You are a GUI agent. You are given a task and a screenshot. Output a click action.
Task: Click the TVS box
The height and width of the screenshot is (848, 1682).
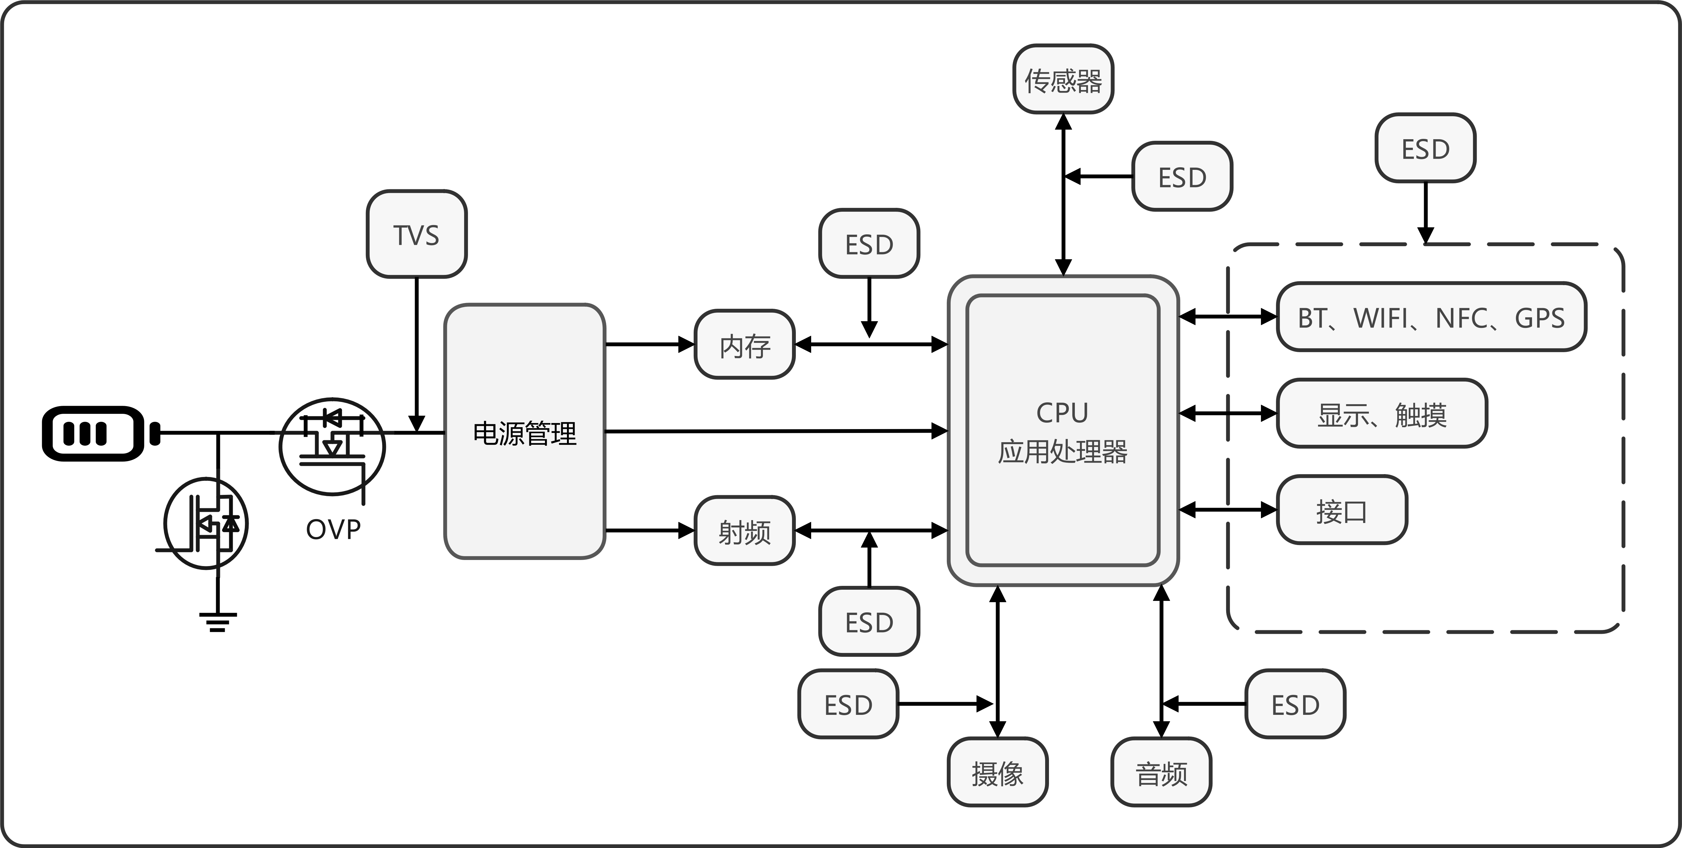pyautogui.click(x=416, y=234)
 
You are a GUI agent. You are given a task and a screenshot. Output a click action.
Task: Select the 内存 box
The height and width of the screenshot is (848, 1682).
pyautogui.click(x=744, y=345)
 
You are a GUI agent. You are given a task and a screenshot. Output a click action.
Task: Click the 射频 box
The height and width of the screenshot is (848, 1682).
pyautogui.click(x=744, y=531)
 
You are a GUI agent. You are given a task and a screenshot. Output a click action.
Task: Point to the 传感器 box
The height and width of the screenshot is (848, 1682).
pyautogui.click(x=1063, y=79)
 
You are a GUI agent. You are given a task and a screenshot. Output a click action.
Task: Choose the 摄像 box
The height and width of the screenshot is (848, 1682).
pyautogui.click(x=997, y=772)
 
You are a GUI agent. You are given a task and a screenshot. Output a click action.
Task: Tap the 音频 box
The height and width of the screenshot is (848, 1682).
pyautogui.click(x=1161, y=772)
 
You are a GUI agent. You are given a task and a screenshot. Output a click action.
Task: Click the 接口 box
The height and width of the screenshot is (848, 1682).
pyautogui.click(x=1341, y=510)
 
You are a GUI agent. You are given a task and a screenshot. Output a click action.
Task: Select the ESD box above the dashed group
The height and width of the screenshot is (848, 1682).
pyautogui.click(x=1425, y=148)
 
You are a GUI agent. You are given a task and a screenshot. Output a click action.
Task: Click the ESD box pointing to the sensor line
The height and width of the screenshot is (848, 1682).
pyautogui.click(x=1182, y=176)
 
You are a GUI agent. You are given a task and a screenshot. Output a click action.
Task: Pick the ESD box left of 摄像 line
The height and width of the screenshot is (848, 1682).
pyautogui.click(x=848, y=704)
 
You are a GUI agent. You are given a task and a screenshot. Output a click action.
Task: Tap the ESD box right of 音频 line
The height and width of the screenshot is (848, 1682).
pyautogui.click(x=1295, y=704)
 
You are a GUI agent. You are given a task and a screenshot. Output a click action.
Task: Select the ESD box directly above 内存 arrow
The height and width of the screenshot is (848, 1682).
pyautogui.click(x=868, y=244)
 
